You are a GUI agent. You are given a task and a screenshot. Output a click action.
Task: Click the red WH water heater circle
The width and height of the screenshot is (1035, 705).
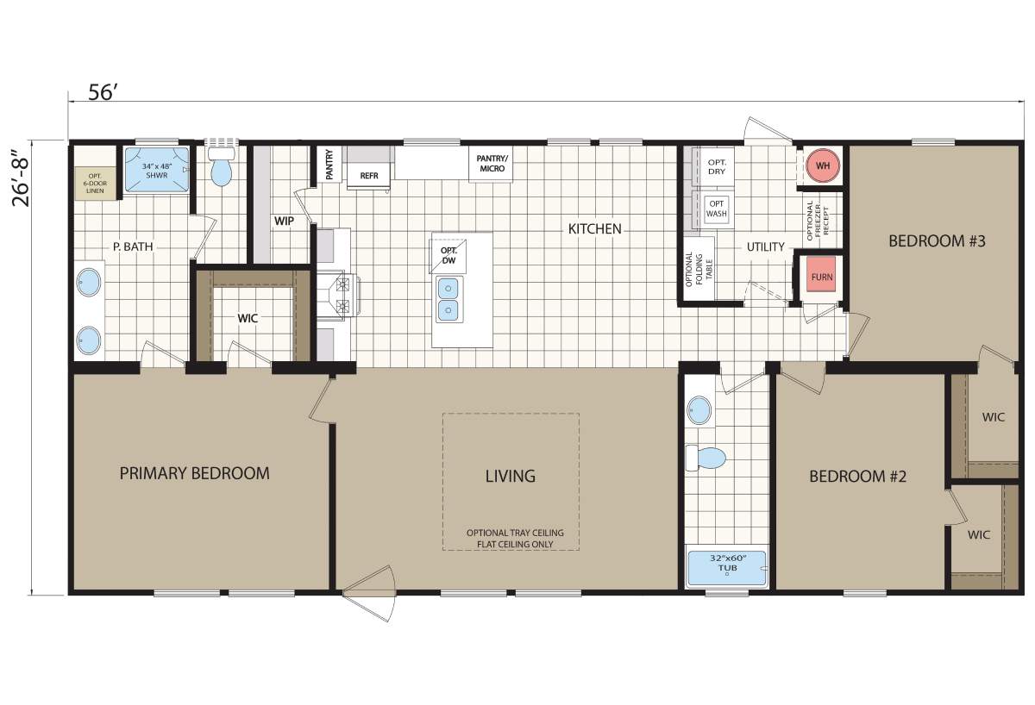(x=823, y=165)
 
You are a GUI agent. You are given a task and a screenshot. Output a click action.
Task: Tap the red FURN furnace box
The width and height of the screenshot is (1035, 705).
(x=822, y=276)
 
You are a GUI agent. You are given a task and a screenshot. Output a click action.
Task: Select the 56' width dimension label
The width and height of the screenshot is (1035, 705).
(x=101, y=93)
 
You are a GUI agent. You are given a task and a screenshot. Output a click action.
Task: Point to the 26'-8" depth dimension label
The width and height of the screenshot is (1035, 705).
(x=22, y=178)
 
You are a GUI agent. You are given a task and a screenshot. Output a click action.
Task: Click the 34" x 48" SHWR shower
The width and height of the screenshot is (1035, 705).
(x=157, y=170)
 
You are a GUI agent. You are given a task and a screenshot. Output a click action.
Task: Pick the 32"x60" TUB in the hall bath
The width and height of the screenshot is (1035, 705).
(x=727, y=568)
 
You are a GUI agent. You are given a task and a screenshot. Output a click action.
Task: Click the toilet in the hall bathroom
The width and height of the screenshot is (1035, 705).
(x=706, y=458)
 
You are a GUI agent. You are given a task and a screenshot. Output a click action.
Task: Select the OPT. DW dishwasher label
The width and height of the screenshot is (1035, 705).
(x=448, y=255)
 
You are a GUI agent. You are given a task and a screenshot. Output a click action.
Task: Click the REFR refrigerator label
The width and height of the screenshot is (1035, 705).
(x=369, y=176)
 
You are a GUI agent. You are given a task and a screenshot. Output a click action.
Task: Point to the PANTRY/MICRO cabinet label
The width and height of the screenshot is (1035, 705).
(x=492, y=164)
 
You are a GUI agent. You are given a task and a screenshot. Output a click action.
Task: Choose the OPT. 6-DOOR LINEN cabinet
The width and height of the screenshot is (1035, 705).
(x=95, y=184)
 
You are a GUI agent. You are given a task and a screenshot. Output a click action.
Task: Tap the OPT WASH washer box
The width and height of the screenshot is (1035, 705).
(x=716, y=209)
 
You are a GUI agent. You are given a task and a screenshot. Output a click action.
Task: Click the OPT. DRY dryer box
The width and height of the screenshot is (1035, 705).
(x=717, y=166)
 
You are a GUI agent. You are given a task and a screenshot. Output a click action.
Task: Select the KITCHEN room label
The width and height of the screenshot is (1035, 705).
(x=594, y=229)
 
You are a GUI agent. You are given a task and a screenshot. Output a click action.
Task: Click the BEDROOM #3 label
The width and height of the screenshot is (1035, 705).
(x=937, y=241)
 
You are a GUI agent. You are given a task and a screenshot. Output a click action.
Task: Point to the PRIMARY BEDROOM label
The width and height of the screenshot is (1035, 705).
(x=194, y=473)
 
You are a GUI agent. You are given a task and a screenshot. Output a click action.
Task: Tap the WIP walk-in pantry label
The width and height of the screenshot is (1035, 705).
(x=284, y=221)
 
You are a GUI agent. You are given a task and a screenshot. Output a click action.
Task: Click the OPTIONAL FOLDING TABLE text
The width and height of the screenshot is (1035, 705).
(x=699, y=269)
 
